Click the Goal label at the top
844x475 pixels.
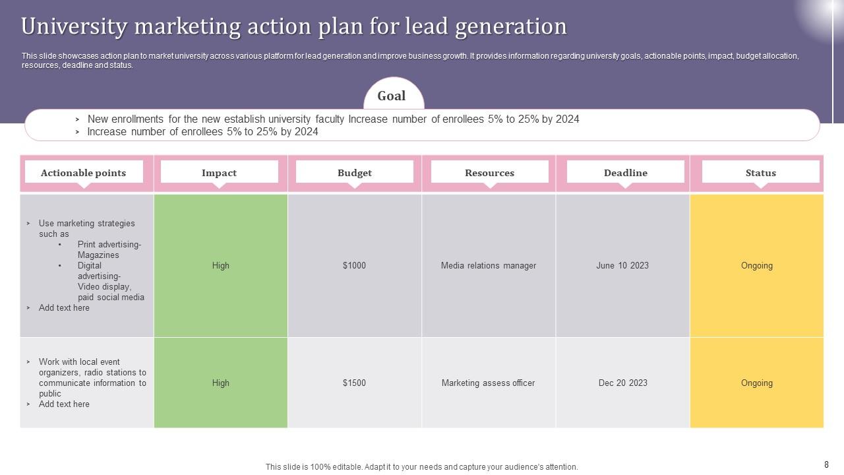(391, 96)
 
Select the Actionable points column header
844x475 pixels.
(83, 173)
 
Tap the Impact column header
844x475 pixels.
(219, 173)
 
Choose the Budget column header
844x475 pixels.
(355, 173)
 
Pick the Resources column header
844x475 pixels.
(489, 173)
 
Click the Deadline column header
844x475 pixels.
(625, 173)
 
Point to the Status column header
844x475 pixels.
(760, 173)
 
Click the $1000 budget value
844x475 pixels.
(354, 266)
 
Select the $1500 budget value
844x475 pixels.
(354, 383)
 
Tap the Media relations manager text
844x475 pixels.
(489, 266)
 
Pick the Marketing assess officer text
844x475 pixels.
(488, 383)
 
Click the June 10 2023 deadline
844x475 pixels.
(622, 266)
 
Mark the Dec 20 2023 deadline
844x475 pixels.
(622, 383)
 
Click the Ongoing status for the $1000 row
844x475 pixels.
(756, 266)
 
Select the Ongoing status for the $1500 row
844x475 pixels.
(756, 383)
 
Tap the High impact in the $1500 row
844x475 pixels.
(221, 383)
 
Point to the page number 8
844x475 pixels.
(826, 464)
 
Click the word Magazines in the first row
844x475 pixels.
(98, 255)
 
